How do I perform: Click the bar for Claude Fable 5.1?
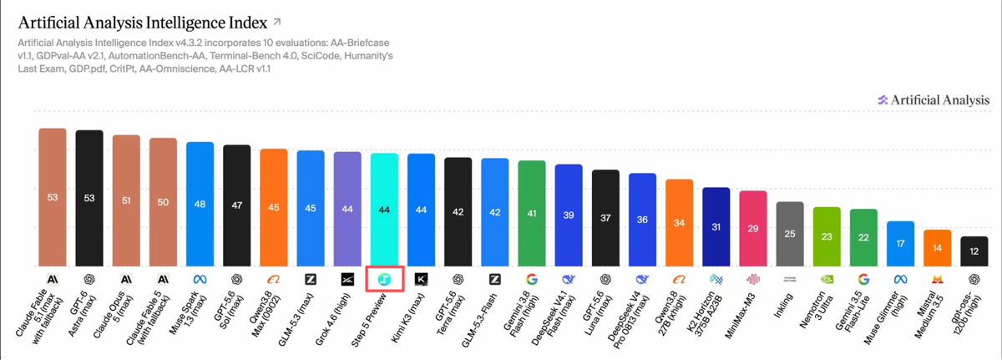[x=53, y=197]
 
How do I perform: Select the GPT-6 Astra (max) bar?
[x=89, y=198]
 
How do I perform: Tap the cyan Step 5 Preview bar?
[x=384, y=210]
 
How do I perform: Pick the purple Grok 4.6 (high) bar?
[x=347, y=209]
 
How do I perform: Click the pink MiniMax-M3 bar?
[x=753, y=229]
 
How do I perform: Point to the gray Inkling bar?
[x=790, y=234]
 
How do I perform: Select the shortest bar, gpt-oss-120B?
[x=974, y=251]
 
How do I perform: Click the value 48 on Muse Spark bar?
[x=200, y=205]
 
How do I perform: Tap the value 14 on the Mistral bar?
[x=937, y=248]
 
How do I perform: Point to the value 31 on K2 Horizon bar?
[x=716, y=226]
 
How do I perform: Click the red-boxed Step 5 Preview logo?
[x=384, y=280]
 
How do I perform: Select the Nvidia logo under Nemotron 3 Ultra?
[x=827, y=280]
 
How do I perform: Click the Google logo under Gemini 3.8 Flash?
[x=532, y=280]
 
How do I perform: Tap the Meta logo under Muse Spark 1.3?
[x=200, y=280]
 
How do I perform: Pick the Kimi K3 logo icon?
[x=421, y=280]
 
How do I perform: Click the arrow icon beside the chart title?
[x=277, y=22]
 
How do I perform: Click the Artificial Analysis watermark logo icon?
[x=883, y=100]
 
